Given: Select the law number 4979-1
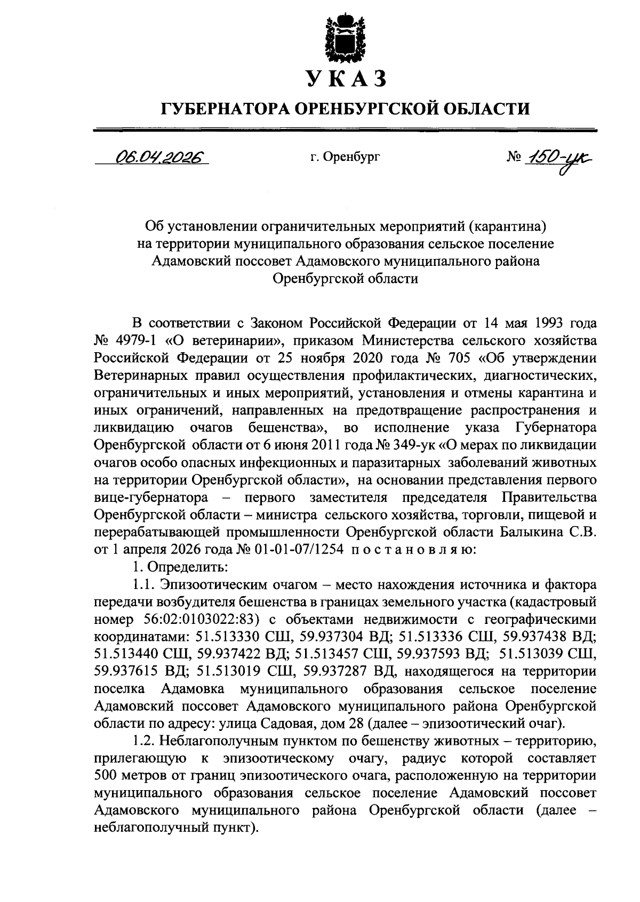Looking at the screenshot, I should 133,340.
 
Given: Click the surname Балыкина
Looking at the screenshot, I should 534,532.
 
